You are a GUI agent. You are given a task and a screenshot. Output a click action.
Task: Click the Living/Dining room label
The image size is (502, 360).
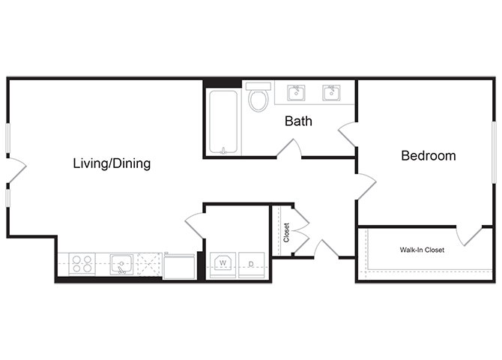click(112, 163)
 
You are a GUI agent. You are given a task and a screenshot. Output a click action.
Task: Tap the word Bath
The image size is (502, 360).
click(298, 121)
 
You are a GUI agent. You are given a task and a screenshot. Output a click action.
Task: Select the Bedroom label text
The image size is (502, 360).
click(429, 156)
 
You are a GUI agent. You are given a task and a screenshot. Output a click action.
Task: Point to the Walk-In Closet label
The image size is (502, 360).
click(421, 250)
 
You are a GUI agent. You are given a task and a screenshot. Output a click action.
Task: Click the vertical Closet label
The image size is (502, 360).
click(286, 232)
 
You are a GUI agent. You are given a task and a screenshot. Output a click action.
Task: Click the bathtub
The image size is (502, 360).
click(223, 121)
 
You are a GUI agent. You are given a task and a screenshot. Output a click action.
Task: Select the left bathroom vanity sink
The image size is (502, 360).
click(297, 92)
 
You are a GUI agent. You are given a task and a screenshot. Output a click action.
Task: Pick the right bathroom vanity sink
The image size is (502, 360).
click(331, 92)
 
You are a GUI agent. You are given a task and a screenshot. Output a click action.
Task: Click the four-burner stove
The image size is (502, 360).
click(82, 263)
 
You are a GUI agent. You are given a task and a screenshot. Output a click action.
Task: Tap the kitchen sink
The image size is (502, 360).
click(121, 263)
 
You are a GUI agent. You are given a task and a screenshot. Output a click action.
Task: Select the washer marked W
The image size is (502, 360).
click(222, 263)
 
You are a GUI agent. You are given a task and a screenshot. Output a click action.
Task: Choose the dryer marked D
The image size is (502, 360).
click(251, 263)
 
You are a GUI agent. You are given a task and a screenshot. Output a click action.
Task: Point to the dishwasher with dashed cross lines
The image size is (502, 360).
click(149, 263)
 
